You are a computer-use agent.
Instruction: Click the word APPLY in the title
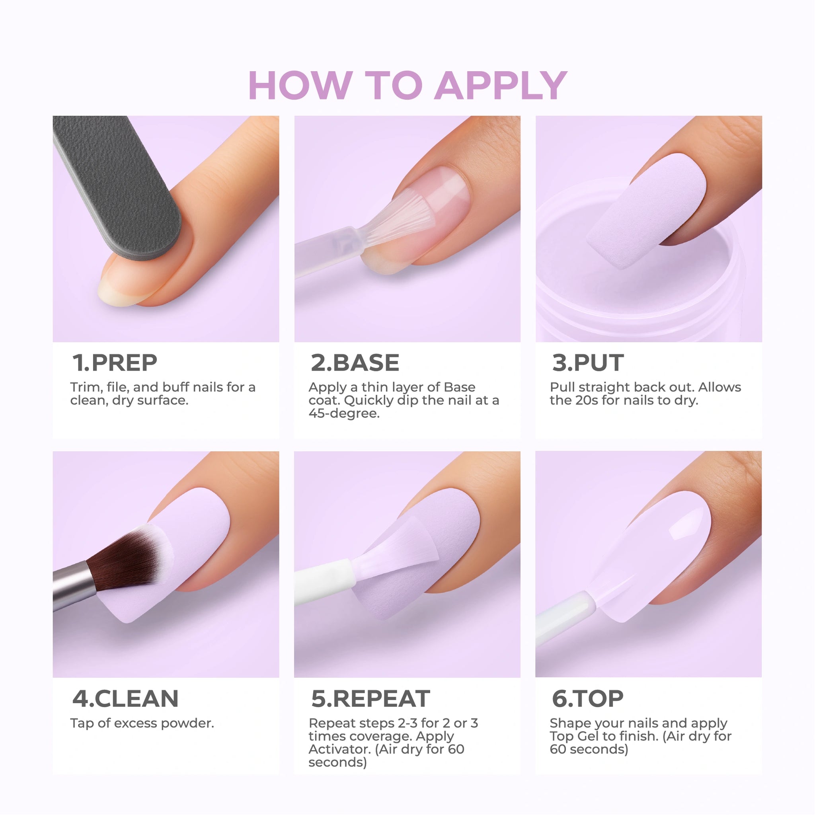click(501, 85)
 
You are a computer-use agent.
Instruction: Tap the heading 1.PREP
click(115, 363)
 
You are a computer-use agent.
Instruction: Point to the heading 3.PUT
click(588, 363)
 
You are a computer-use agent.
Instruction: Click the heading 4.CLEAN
click(125, 698)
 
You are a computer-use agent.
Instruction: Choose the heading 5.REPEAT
click(370, 698)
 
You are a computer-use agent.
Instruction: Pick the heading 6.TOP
click(588, 698)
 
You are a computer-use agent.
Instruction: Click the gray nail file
click(116, 185)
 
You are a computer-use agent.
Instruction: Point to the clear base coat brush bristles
click(394, 217)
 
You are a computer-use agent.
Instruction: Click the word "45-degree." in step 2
click(344, 413)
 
